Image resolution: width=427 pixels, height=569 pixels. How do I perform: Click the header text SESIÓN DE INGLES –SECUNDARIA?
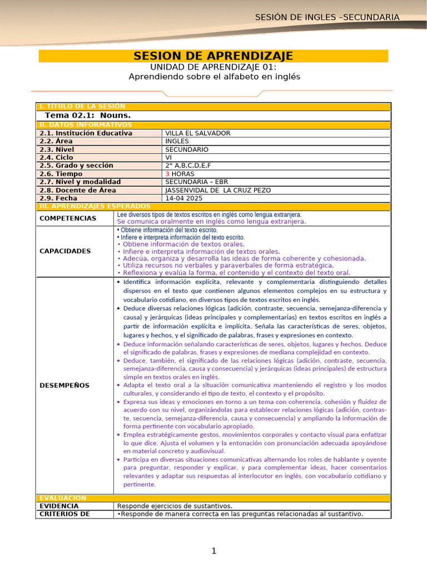pos(327,17)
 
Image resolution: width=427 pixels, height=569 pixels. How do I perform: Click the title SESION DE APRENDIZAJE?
pos(213,56)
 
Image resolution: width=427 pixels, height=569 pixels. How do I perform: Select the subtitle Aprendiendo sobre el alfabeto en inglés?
pos(214,77)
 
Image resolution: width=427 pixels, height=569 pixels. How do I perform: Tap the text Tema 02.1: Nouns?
pos(88,116)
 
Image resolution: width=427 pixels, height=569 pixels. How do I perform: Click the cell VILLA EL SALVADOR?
pos(197,133)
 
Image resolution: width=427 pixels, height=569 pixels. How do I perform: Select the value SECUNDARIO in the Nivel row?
pos(187,149)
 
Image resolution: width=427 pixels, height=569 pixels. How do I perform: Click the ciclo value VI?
pos(169,158)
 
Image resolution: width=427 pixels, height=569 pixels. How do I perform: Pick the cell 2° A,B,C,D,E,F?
pos(188,166)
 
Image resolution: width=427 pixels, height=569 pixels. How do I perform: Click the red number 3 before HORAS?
pos(167,174)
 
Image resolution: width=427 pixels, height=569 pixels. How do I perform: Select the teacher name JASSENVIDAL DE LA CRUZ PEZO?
pos(218,190)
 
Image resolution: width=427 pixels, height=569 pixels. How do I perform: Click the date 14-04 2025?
pos(184,198)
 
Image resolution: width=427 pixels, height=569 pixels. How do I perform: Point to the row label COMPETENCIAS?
pos(68,218)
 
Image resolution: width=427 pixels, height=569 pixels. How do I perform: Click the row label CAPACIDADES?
pos(65,251)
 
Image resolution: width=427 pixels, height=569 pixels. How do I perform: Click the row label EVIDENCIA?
pos(59,506)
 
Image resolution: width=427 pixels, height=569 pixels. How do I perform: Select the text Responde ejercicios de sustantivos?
pos(175,506)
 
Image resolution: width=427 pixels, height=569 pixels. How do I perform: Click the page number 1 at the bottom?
pos(213,551)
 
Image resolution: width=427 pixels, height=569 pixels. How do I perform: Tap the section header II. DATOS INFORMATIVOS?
pos(85,125)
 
